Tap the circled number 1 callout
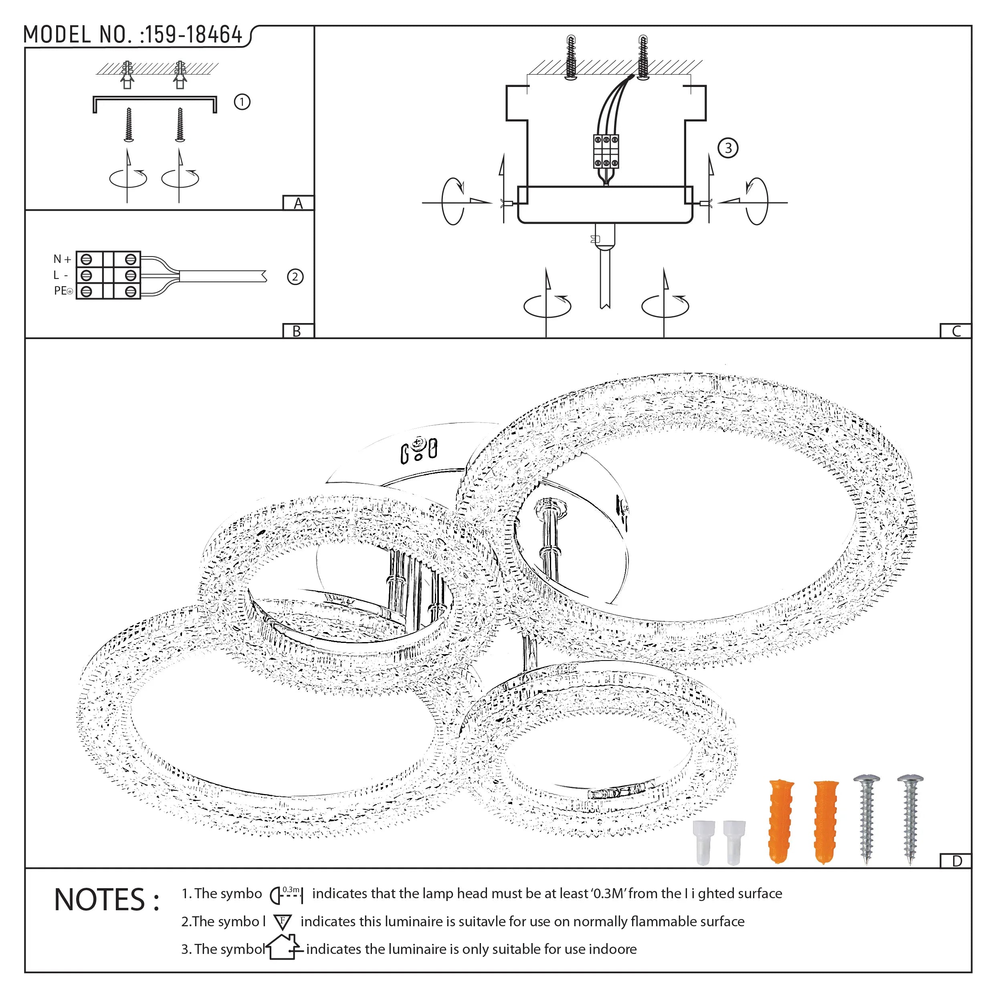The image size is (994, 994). pyautogui.click(x=242, y=102)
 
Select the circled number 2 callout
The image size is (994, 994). pyautogui.click(x=295, y=277)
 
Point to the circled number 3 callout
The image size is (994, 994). pyautogui.click(x=727, y=148)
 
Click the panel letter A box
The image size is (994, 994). pyautogui.click(x=299, y=203)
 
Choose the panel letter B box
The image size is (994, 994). pyautogui.click(x=297, y=331)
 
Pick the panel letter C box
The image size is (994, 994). pyautogui.click(x=956, y=331)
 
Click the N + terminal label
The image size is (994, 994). pyautogui.click(x=62, y=259)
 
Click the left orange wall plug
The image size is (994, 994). pyautogui.click(x=780, y=820)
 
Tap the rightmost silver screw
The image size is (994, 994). pyautogui.click(x=910, y=818)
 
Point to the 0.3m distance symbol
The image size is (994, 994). pyautogui.click(x=287, y=895)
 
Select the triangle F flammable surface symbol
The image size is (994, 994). pyautogui.click(x=283, y=921)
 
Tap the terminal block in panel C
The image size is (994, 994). pyautogui.click(x=606, y=151)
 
